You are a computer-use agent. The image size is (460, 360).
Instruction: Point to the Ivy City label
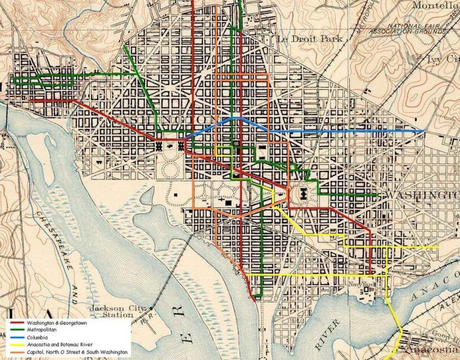pos(442,58)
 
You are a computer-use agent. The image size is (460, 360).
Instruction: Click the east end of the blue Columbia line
pos(423,131)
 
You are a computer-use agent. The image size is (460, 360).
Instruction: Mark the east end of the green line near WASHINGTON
pos(376,195)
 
